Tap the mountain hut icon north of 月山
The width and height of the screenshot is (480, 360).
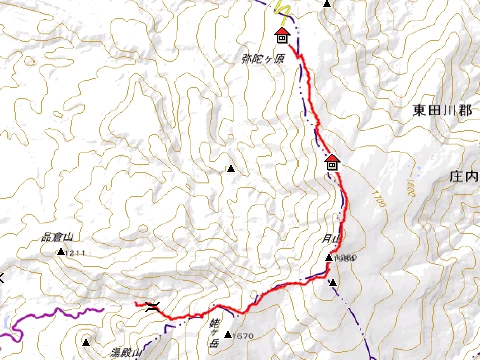point(332,162)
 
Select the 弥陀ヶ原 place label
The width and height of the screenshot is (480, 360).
point(263,59)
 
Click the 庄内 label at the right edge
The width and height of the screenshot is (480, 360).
point(464,176)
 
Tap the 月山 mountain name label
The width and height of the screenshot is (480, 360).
point(331,239)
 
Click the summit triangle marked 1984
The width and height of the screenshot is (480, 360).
point(328,258)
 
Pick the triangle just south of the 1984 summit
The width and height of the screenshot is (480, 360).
point(333,283)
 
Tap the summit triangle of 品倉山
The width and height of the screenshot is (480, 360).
point(61,252)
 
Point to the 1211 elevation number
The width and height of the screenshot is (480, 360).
point(78,253)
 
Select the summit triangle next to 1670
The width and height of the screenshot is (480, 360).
point(229,335)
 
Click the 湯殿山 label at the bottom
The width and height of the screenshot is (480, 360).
point(126,353)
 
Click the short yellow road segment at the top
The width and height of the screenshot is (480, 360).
point(282,13)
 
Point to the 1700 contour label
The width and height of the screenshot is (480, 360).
point(376,197)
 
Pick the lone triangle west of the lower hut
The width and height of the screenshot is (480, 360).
point(232,169)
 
